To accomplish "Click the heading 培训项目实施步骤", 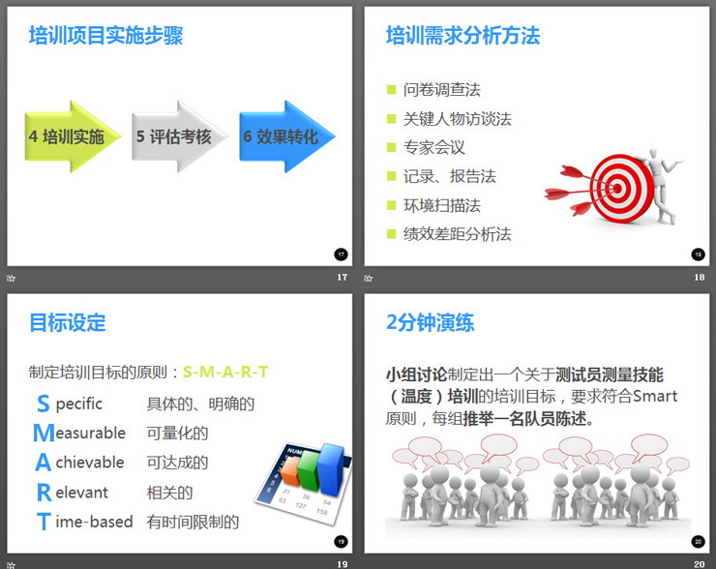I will point(105,37).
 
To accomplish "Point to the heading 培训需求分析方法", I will point(462,37).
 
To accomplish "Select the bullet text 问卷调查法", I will point(441,90).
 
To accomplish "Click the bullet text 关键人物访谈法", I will point(457,119).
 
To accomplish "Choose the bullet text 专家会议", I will point(433,148).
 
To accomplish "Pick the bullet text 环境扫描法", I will point(441,205).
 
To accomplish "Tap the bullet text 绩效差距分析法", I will point(457,234).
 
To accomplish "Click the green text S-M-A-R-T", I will point(225,372).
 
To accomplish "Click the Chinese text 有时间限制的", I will point(193,523).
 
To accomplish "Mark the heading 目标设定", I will point(68,323).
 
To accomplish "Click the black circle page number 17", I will point(341,255).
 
